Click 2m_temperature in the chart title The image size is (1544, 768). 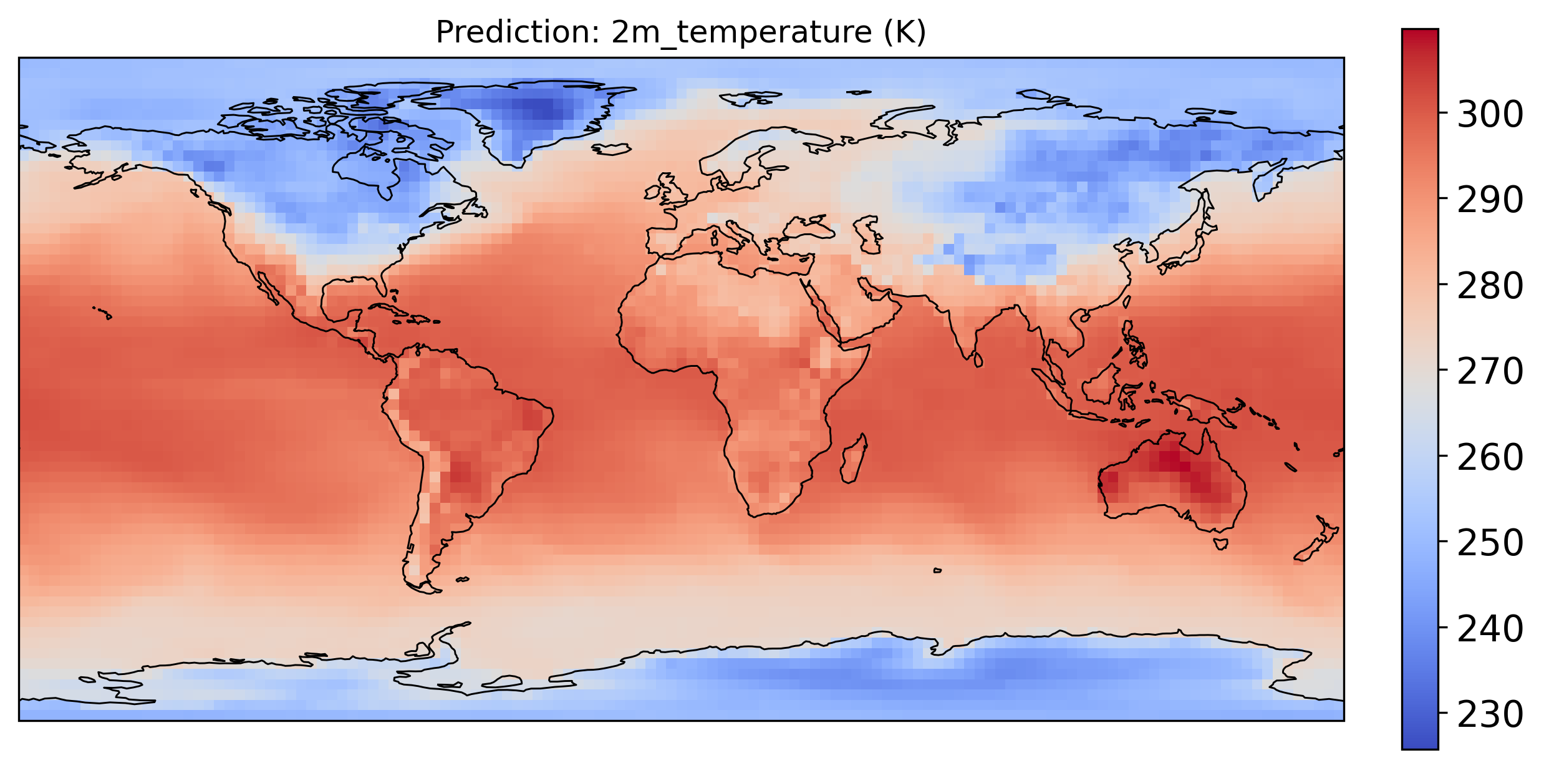741,32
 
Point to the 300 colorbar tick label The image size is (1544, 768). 1489,114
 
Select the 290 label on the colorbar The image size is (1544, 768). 1489,200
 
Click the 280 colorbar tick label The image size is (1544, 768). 1489,286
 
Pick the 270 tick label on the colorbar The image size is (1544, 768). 1489,372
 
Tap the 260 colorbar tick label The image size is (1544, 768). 1489,458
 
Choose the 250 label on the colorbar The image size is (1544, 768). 1489,543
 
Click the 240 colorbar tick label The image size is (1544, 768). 1489,629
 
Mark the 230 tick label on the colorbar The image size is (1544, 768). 1489,715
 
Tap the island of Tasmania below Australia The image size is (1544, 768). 1221,544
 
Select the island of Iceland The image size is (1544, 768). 612,149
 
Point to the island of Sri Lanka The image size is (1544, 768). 978,360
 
